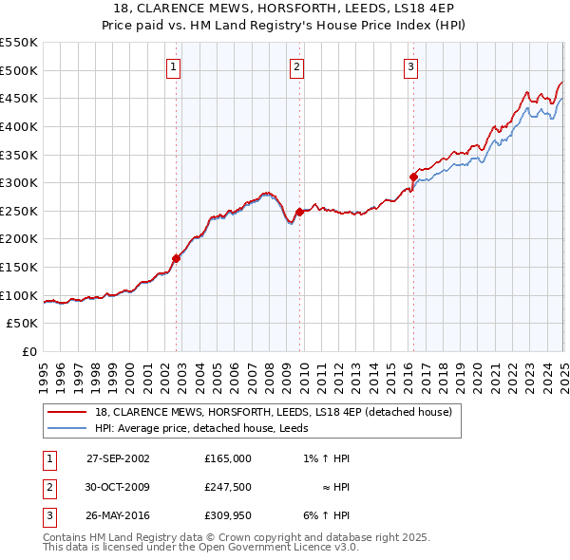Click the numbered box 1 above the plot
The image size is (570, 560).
[x=176, y=66]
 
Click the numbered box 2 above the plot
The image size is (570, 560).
[x=297, y=66]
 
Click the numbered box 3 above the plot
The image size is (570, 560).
[x=410, y=66]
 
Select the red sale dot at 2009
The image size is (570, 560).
[x=299, y=212]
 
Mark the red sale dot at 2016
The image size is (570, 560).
[x=413, y=177]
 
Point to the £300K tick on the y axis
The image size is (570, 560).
[x=19, y=182]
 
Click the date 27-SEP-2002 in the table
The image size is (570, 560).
[x=118, y=458]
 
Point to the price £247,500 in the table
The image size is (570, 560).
[x=228, y=487]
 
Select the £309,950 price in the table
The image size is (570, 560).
[x=228, y=515]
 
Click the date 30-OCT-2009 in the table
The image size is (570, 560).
[x=118, y=487]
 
